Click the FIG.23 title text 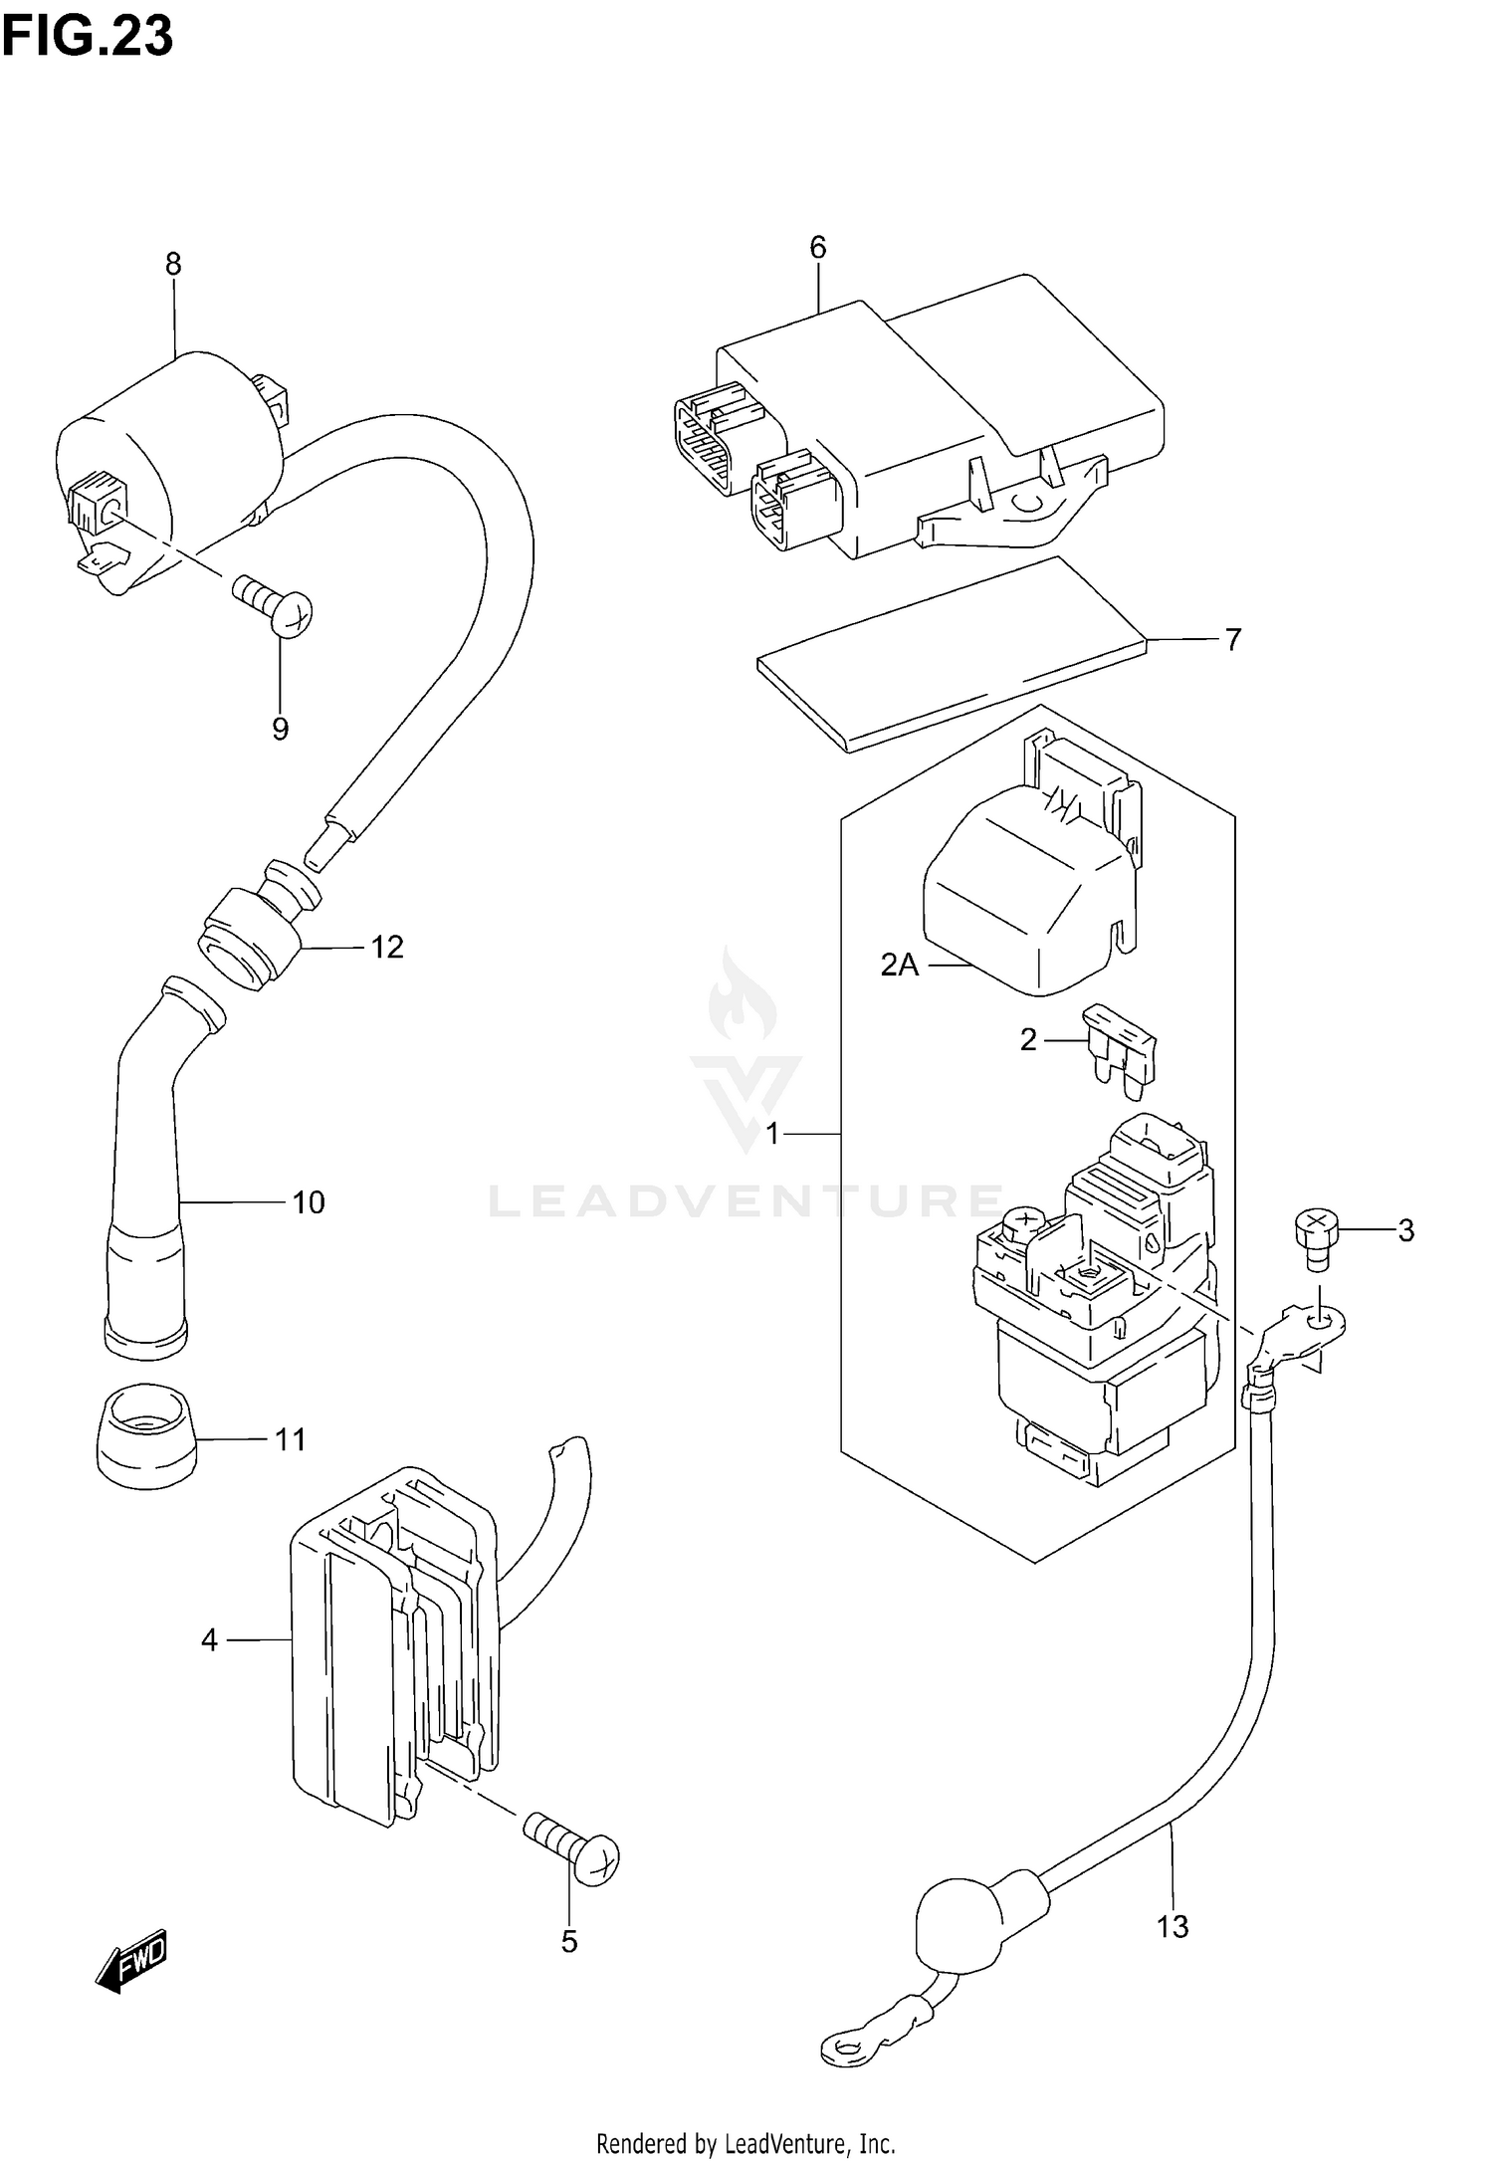(88, 36)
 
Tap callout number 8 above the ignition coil (173, 264)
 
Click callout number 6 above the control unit (817, 247)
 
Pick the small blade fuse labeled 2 (1123, 1053)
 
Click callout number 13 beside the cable (1173, 1927)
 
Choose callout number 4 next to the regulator (208, 1639)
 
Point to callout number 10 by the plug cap (309, 1202)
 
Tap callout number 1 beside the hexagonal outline (772, 1133)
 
